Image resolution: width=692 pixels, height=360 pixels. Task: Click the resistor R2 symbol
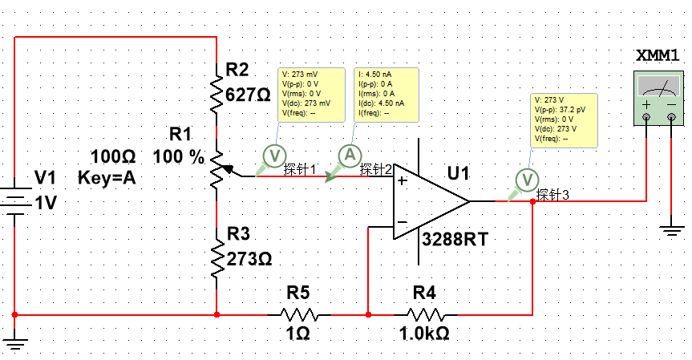pyautogui.click(x=217, y=95)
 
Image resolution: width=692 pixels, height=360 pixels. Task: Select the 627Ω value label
pyautogui.click(x=249, y=95)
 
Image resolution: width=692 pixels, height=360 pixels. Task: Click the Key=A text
pyautogui.click(x=107, y=178)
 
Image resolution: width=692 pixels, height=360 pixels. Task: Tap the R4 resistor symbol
pyautogui.click(x=425, y=314)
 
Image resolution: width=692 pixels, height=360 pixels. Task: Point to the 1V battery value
pyautogui.click(x=46, y=204)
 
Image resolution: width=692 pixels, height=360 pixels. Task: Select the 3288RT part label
pyautogui.click(x=455, y=239)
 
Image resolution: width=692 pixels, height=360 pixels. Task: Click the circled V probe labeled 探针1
pyautogui.click(x=274, y=155)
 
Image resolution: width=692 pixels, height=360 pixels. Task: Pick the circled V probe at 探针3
pyautogui.click(x=526, y=179)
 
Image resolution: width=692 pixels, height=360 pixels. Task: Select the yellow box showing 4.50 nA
pyautogui.click(x=384, y=94)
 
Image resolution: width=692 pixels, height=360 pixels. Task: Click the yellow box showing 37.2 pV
pyautogui.click(x=565, y=119)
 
